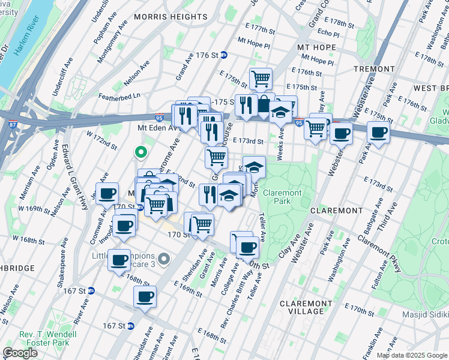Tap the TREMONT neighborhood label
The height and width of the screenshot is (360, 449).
tap(373, 69)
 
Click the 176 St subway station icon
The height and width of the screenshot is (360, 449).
tap(224, 55)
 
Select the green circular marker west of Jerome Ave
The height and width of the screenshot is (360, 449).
tap(140, 153)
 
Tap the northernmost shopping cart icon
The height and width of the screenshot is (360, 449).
tap(261, 78)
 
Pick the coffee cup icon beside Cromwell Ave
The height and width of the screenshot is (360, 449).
tap(107, 193)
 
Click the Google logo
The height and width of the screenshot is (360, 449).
tap(20, 352)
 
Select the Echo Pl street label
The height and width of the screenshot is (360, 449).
tap(328, 34)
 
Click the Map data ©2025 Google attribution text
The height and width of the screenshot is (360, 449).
tap(412, 355)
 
